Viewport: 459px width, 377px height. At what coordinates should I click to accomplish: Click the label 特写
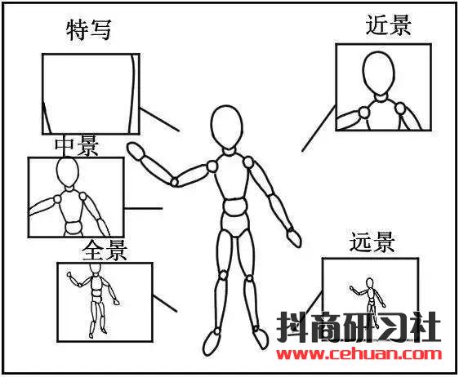tap(89, 30)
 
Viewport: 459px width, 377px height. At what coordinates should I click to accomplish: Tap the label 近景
tap(389, 25)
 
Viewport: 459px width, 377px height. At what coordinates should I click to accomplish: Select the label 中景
tap(77, 146)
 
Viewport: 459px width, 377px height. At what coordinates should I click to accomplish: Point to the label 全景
tap(105, 251)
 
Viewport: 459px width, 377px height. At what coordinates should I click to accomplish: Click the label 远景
tap(372, 242)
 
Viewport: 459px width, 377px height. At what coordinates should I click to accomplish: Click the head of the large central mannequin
tap(227, 127)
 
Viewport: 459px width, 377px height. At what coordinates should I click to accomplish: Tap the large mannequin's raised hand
tap(136, 151)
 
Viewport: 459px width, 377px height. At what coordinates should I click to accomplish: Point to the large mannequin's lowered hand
tap(293, 237)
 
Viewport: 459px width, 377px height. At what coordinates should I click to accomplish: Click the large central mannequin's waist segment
tap(234, 206)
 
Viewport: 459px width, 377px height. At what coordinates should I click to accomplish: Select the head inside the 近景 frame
tap(378, 73)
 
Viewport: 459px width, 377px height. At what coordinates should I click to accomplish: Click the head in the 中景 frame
tap(68, 172)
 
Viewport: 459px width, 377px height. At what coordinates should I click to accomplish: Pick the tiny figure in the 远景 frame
tap(369, 297)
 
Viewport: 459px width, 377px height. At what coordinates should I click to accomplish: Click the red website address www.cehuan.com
tap(359, 354)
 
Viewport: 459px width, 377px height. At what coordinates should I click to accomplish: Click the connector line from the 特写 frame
tap(159, 120)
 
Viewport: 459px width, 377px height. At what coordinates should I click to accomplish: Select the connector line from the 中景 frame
tap(143, 209)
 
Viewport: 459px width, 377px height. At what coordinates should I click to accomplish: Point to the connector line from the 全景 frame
tap(165, 304)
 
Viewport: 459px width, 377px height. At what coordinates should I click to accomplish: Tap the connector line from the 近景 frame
tap(319, 129)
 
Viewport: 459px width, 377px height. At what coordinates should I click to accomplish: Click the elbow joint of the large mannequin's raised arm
tap(175, 182)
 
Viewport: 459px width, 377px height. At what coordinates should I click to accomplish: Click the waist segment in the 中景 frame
tap(74, 228)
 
